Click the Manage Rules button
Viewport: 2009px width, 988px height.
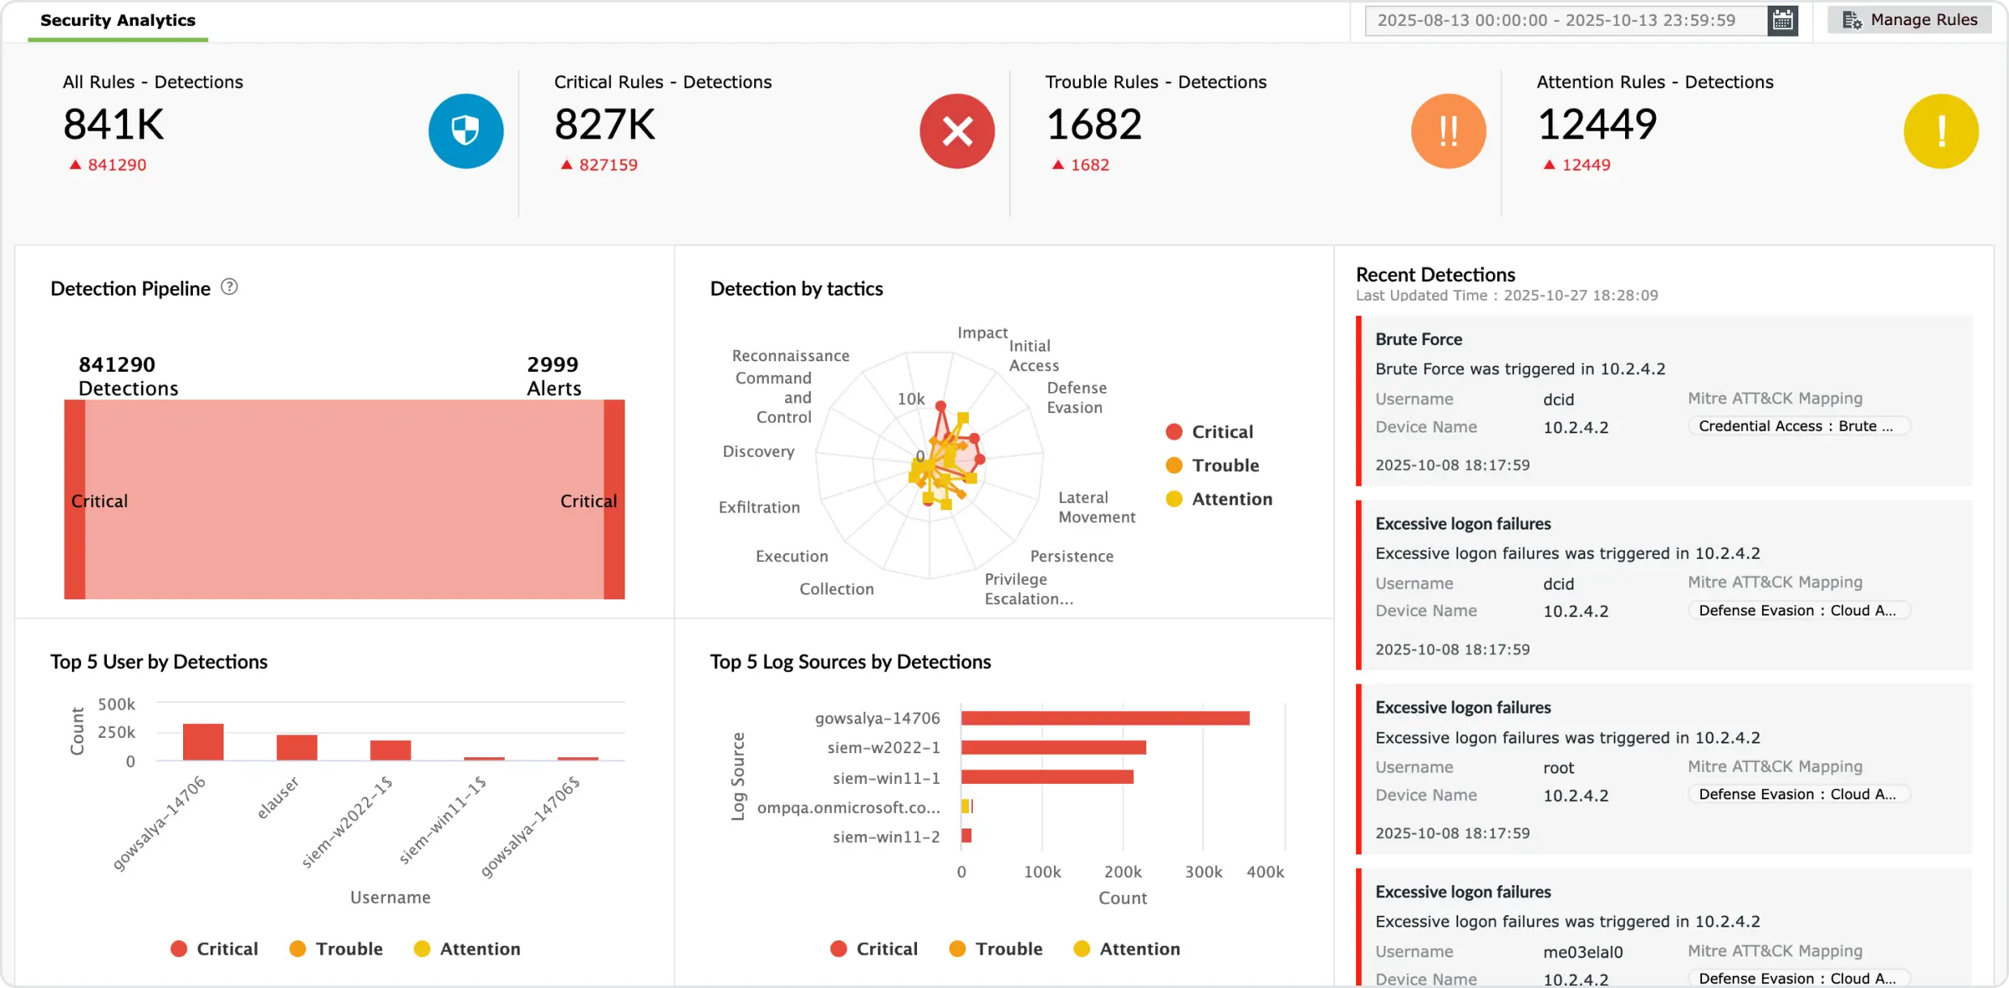click(x=1909, y=20)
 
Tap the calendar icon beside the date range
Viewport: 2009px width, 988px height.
click(x=1782, y=20)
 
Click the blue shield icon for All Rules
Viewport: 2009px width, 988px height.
click(x=466, y=131)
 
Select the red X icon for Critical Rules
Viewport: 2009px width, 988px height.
click(x=957, y=131)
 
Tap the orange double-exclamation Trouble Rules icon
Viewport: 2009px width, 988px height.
click(x=1448, y=131)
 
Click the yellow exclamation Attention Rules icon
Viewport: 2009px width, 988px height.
click(x=1940, y=131)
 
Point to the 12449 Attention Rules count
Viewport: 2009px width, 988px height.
click(x=1597, y=125)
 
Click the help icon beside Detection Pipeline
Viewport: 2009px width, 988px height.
click(x=229, y=287)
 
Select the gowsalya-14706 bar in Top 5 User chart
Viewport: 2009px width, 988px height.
click(x=203, y=742)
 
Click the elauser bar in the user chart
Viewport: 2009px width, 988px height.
click(x=296, y=747)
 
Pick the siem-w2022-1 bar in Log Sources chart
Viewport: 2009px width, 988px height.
click(x=1053, y=747)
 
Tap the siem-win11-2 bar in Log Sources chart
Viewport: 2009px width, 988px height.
click(x=966, y=836)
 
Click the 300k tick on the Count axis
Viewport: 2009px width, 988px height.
click(x=1203, y=872)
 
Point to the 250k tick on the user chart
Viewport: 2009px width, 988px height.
click(x=117, y=732)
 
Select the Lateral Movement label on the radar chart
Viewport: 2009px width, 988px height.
click(x=1096, y=508)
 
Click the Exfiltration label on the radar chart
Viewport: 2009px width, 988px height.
click(x=759, y=508)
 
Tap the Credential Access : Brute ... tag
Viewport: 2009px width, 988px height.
click(x=1798, y=426)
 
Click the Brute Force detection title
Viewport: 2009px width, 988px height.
click(x=1418, y=339)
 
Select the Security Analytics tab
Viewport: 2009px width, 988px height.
click(x=118, y=20)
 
